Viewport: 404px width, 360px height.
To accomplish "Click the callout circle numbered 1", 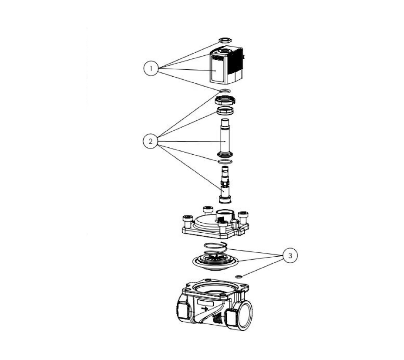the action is pos(151,68).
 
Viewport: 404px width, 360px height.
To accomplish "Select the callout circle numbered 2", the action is pos(151,141).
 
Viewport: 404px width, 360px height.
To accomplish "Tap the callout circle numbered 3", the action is pos(290,255).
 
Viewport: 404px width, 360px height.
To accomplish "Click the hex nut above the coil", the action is pos(225,40).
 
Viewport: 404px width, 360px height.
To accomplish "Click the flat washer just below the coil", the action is pos(226,91).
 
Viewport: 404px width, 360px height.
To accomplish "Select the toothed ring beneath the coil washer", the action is pos(225,99).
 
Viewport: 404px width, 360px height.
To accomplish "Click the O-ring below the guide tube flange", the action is pos(225,162).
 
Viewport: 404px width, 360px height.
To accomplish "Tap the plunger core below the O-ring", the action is pos(225,184).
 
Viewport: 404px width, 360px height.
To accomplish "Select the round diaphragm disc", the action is pos(215,262).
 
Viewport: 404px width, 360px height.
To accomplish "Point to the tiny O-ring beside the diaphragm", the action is pos(239,277).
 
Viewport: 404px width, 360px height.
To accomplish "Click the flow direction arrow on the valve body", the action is pos(205,309).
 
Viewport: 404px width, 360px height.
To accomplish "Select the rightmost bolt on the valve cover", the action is pos(243,217).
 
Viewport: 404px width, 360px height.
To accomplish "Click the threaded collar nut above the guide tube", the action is pos(225,111).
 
